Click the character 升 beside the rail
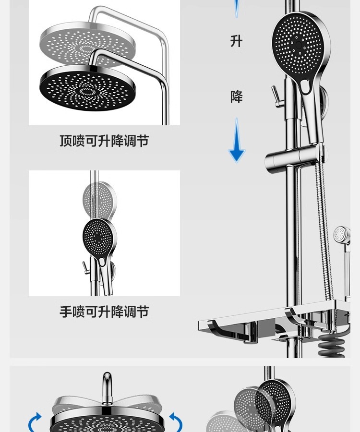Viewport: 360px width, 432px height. [x=236, y=41]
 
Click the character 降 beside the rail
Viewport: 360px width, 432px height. [x=236, y=96]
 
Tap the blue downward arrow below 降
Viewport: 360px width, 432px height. [x=237, y=141]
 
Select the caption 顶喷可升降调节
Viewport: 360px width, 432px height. [x=104, y=141]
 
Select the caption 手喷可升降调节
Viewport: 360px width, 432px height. [x=104, y=312]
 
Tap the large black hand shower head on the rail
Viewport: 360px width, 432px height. [x=300, y=46]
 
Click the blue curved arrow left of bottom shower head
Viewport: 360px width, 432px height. [x=35, y=422]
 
